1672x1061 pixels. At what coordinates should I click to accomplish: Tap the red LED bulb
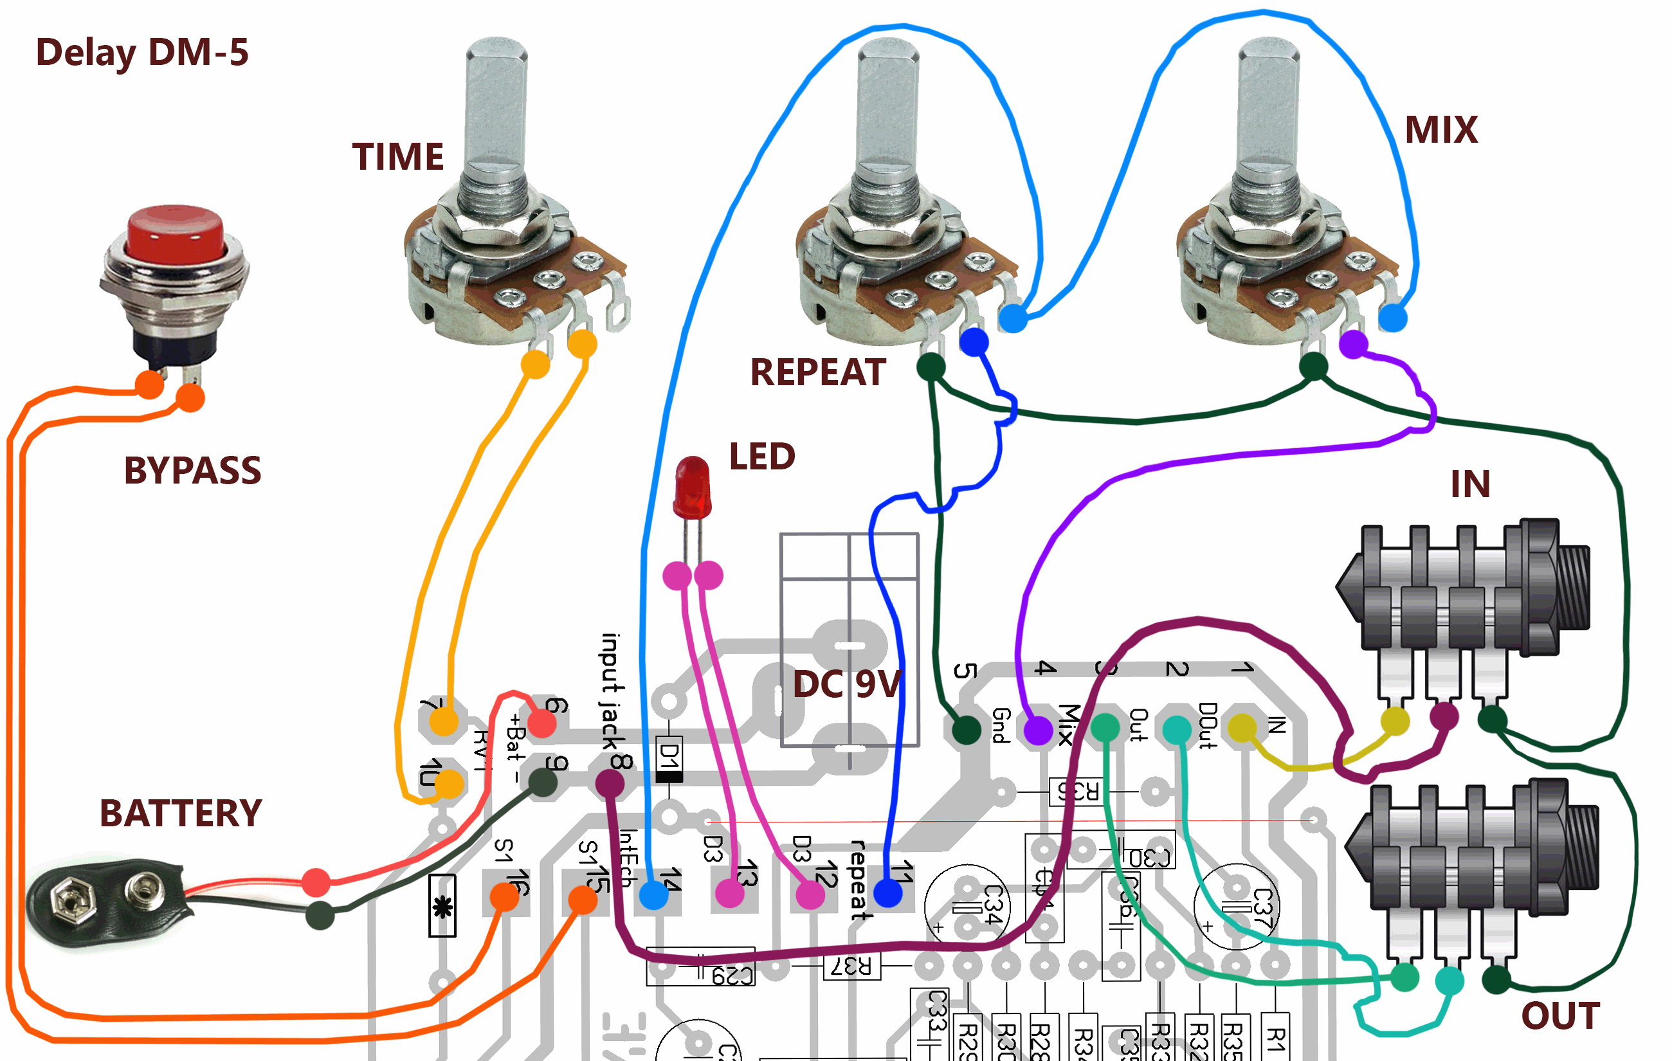click(x=692, y=486)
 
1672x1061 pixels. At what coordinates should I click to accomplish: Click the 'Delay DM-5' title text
click(x=141, y=53)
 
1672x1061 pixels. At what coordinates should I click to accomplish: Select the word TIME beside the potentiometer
click(x=397, y=156)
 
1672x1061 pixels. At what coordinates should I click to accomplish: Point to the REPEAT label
click(x=817, y=372)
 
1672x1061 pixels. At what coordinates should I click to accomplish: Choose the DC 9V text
click(x=847, y=685)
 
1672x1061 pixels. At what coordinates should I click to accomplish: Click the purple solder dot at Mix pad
click(x=1038, y=730)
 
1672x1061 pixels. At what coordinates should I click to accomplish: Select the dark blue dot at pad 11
click(x=888, y=893)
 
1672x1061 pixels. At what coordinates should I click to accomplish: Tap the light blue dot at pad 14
click(x=653, y=895)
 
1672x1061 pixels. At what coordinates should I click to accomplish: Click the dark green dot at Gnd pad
click(x=966, y=729)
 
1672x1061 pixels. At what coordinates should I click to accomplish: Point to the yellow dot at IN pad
click(x=1242, y=728)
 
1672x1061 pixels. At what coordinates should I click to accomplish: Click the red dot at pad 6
click(x=541, y=724)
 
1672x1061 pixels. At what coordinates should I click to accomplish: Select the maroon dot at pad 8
click(x=610, y=784)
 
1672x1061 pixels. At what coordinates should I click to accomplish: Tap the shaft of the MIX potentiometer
click(x=1268, y=104)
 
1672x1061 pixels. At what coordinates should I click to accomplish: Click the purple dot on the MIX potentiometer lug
click(x=1353, y=345)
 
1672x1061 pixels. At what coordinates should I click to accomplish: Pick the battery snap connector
click(x=104, y=903)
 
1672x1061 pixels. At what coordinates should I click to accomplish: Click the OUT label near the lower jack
click(x=1560, y=1016)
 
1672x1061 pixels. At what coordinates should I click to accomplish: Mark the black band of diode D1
click(x=669, y=777)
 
